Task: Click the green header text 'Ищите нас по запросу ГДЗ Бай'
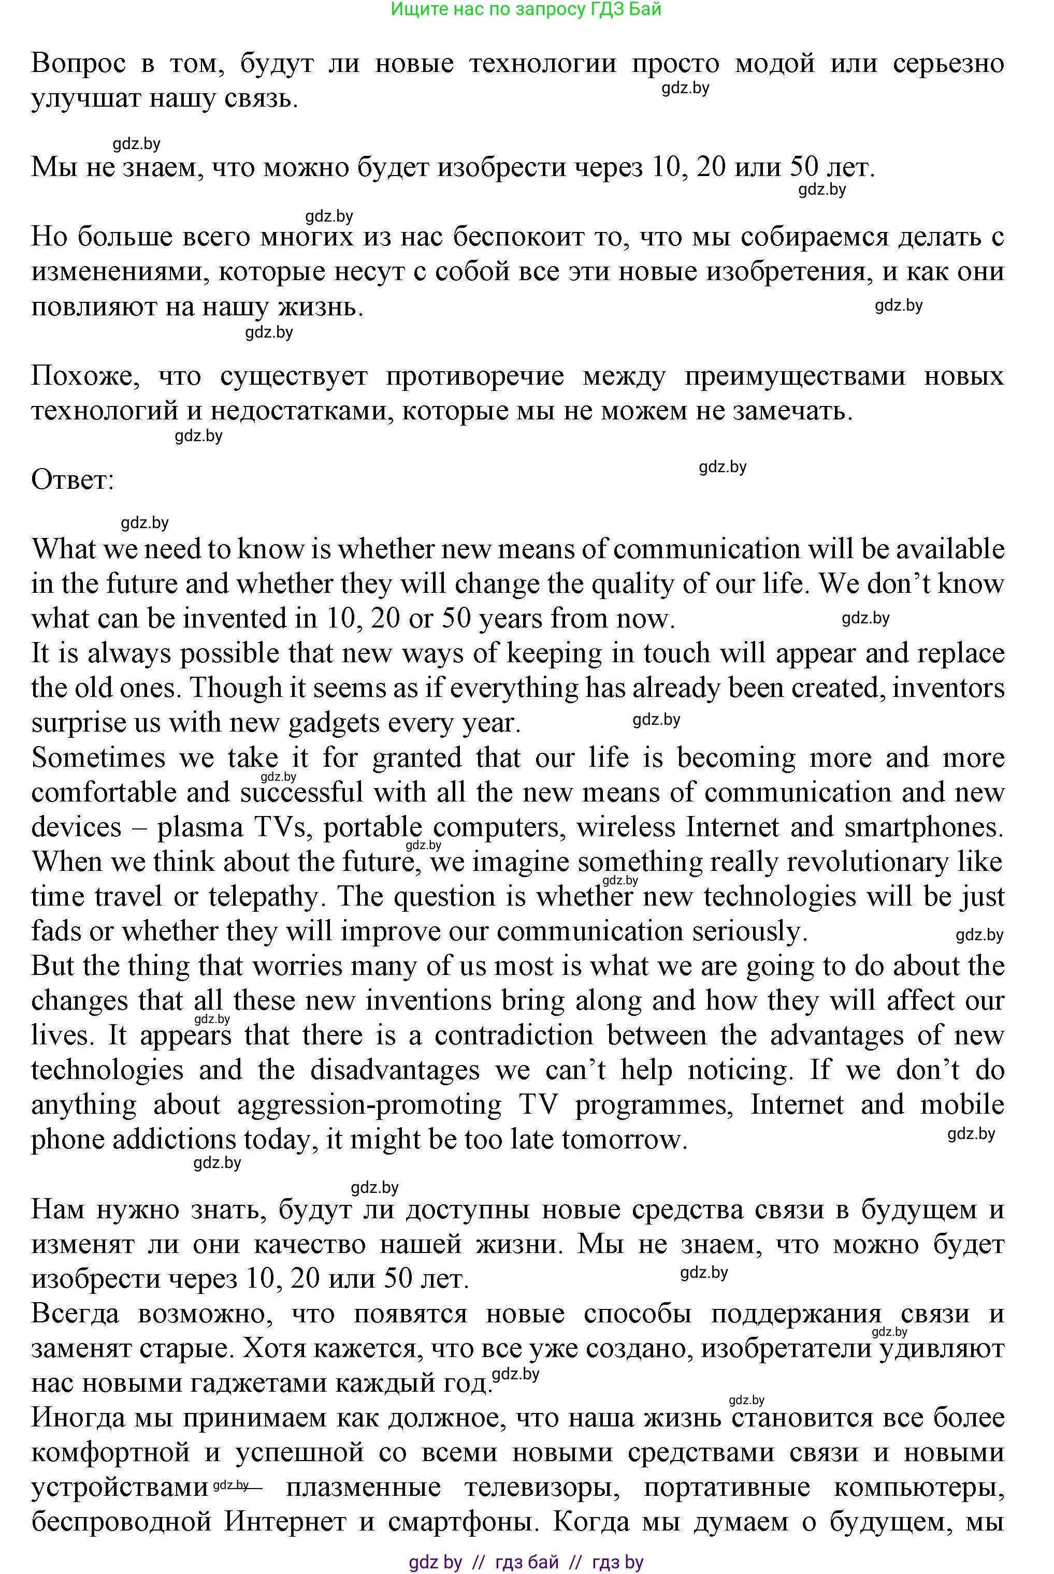pyautogui.click(x=526, y=9)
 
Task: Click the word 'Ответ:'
pyautogui.click(x=73, y=480)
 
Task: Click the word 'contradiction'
pyautogui.click(x=514, y=1035)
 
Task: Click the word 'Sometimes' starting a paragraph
pyautogui.click(x=98, y=758)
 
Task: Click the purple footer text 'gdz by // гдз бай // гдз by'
pyautogui.click(x=526, y=1563)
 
